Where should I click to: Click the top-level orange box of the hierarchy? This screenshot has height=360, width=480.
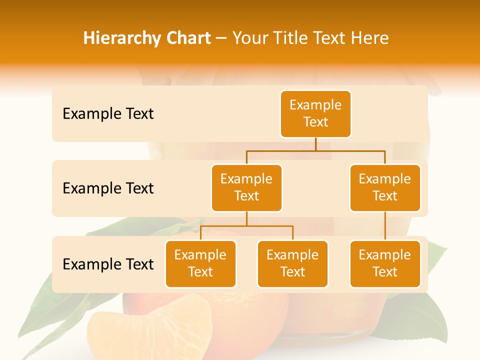click(x=315, y=114)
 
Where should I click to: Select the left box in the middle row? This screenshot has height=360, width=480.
click(x=246, y=188)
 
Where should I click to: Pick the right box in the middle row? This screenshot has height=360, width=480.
click(x=385, y=188)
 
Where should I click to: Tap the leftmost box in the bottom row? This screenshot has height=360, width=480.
click(x=200, y=264)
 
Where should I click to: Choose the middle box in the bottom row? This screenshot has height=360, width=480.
click(x=292, y=264)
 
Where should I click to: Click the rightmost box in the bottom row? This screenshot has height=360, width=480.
click(x=385, y=264)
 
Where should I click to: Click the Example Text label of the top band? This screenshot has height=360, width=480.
click(x=108, y=114)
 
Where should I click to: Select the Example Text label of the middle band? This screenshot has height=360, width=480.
click(x=108, y=188)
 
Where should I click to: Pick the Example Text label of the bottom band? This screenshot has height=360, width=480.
click(x=108, y=264)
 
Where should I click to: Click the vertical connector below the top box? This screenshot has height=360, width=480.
click(x=315, y=144)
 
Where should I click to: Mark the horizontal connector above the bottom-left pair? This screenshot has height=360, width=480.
click(x=246, y=226)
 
